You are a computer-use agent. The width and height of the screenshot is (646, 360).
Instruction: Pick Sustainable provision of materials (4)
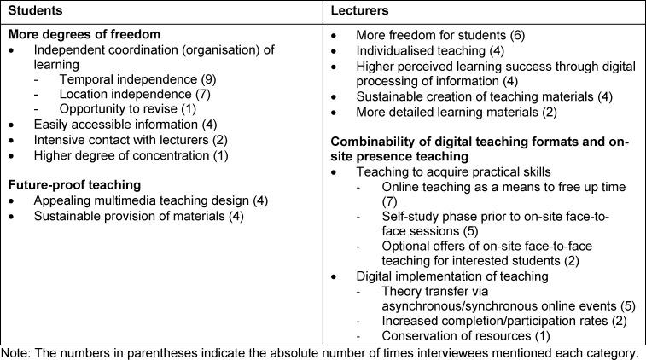click(x=129, y=216)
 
